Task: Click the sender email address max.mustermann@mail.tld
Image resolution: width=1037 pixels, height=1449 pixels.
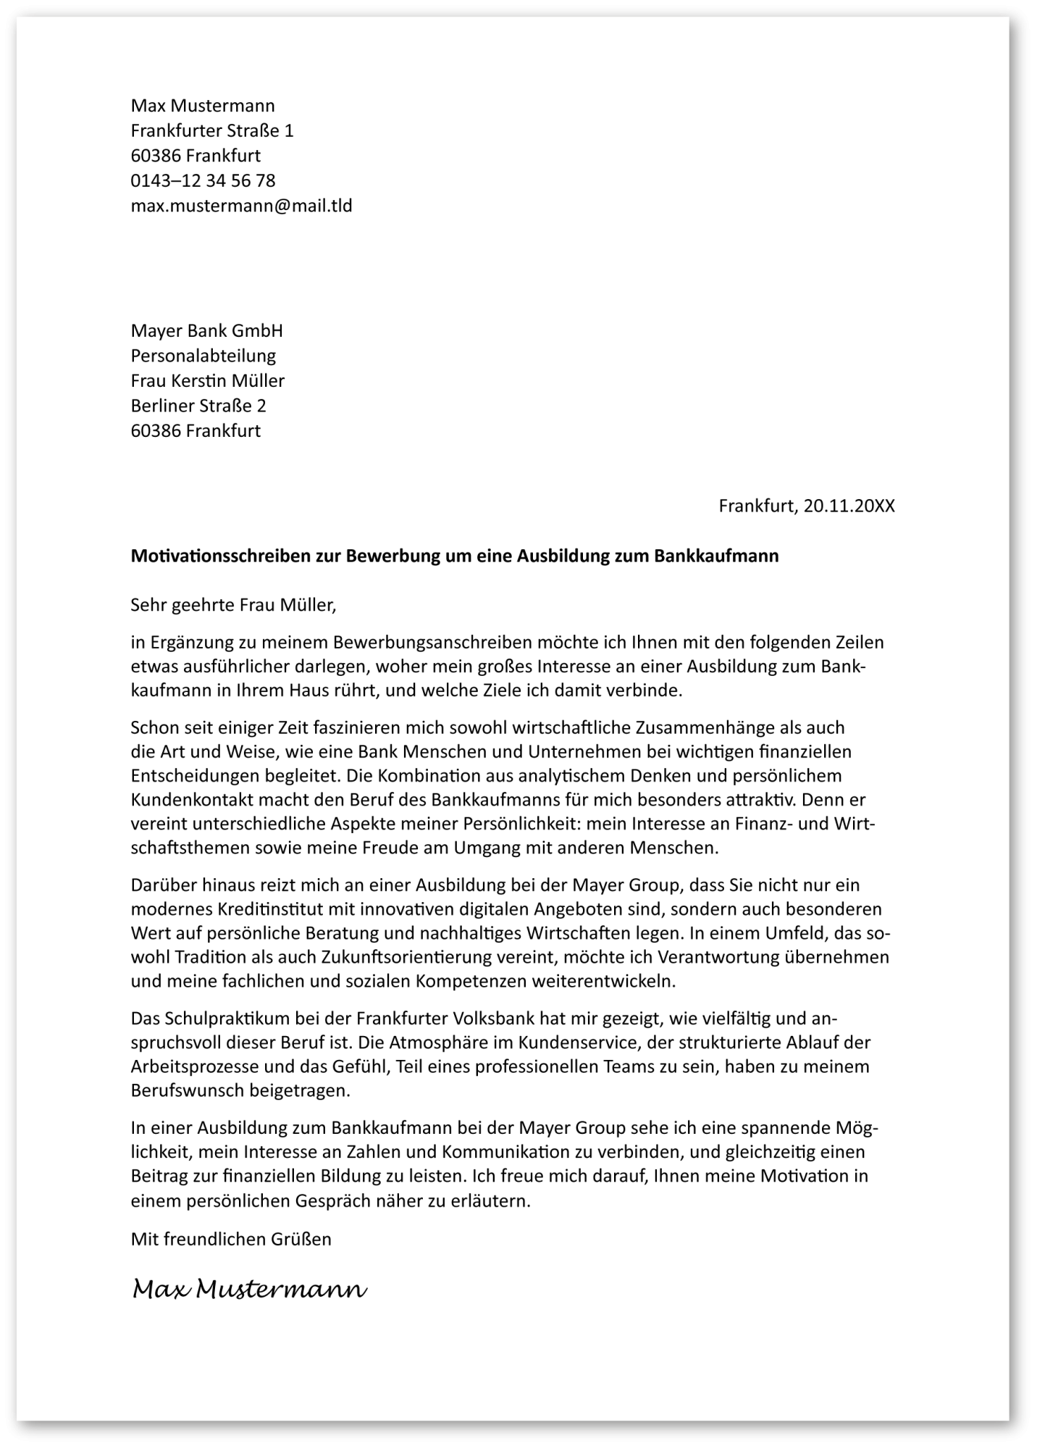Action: point(241,206)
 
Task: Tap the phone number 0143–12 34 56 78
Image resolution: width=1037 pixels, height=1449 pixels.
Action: point(203,180)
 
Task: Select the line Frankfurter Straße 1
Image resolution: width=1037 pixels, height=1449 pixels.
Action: point(211,130)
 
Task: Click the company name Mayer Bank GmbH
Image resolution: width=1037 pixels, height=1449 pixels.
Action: point(206,331)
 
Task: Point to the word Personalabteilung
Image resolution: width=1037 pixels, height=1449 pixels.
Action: point(203,356)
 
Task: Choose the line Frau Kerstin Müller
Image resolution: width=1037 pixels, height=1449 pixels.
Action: point(207,380)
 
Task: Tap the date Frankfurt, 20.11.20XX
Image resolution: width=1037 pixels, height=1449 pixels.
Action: point(806,506)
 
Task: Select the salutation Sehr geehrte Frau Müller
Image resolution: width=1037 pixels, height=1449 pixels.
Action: point(233,604)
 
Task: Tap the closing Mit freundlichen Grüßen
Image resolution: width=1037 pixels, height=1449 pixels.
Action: point(231,1239)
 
